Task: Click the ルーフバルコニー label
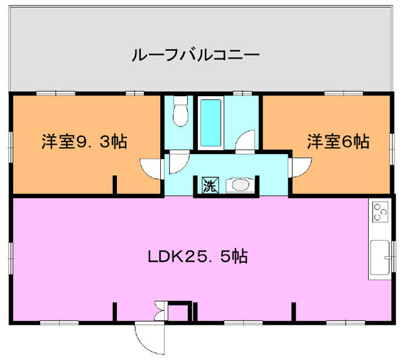195,55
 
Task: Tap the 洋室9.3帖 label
84,141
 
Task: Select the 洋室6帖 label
338,141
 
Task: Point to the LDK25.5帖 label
198,256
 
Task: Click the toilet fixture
181,111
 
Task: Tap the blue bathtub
210,123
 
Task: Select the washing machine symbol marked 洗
210,185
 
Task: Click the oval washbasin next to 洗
241,185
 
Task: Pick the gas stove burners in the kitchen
380,212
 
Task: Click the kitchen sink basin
380,258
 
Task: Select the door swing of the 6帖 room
300,167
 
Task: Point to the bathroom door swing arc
245,141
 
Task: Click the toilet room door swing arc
179,163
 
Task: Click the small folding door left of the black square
161,311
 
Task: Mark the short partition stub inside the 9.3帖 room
115,185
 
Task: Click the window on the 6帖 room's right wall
392,148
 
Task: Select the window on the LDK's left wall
11,258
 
